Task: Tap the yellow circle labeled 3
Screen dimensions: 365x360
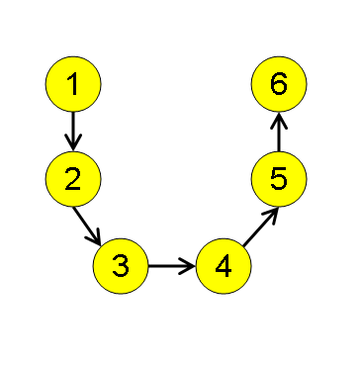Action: [x=121, y=265]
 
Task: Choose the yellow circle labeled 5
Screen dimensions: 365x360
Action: [x=279, y=178]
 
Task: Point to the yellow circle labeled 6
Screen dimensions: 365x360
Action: [x=279, y=85]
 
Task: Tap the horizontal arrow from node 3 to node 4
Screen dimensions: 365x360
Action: [x=170, y=265]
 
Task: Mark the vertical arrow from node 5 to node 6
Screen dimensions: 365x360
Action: [x=279, y=133]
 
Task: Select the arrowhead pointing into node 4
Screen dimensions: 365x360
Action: [x=189, y=265]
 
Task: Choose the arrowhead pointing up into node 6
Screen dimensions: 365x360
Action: [x=279, y=120]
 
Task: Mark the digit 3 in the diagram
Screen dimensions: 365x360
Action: [x=121, y=265]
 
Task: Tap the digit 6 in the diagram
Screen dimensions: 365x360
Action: [x=279, y=85]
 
